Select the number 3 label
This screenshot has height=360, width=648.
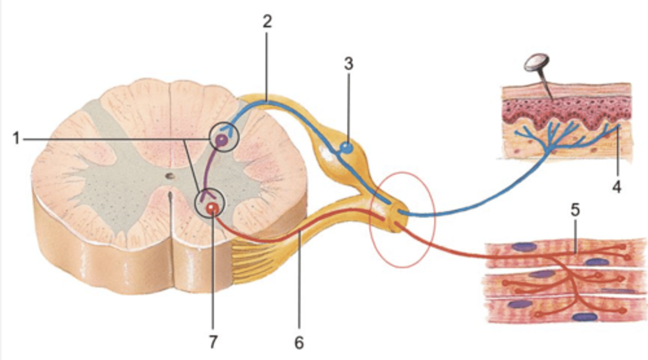pyautogui.click(x=348, y=64)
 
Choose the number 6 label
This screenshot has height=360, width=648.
pyautogui.click(x=299, y=343)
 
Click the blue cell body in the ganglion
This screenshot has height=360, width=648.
pyautogui.click(x=346, y=147)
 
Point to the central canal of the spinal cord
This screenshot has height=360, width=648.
pyautogui.click(x=169, y=176)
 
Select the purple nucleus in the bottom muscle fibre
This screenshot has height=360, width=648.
pyautogui.click(x=585, y=317)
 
